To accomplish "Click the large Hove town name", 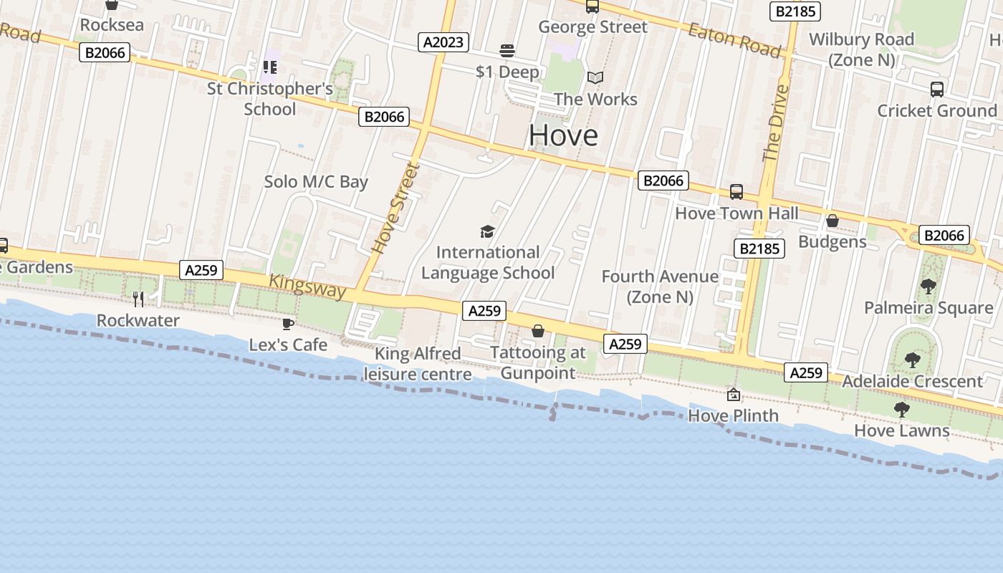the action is click(563, 135).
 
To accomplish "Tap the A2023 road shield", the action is click(443, 42).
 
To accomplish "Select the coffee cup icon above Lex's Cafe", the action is click(288, 324).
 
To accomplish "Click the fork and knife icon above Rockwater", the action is click(138, 299).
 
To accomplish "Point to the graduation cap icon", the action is click(487, 231).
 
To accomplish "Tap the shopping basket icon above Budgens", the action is click(832, 221).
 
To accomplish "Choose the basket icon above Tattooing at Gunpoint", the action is click(538, 331).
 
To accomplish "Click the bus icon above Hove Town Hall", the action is click(736, 192).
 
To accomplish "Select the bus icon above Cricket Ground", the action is click(936, 90).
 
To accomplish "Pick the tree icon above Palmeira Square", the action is click(928, 286).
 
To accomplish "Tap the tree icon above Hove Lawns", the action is click(901, 410).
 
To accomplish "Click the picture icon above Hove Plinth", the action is click(734, 395).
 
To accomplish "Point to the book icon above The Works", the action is click(595, 77).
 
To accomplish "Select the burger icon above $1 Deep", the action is click(507, 51).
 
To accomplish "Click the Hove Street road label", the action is click(395, 208).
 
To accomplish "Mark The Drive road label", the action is click(776, 123).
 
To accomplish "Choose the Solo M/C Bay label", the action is click(316, 182).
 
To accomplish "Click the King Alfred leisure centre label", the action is click(418, 364).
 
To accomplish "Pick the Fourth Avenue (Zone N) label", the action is click(660, 286).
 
